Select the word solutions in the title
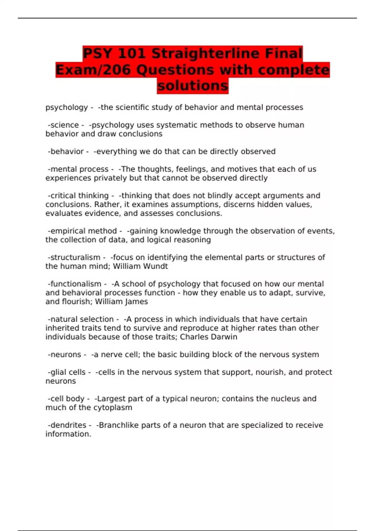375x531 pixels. click(x=192, y=86)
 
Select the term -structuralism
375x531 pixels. click(x=74, y=257)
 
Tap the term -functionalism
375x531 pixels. click(x=75, y=284)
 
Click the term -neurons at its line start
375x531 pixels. click(x=64, y=355)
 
